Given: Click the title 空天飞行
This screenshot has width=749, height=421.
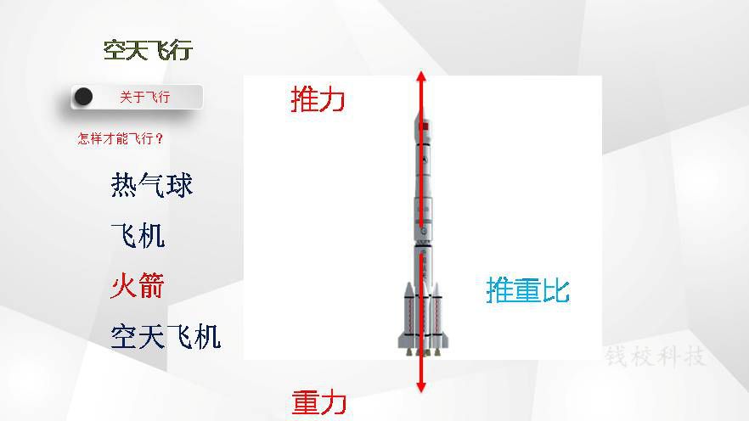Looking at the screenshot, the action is pyautogui.click(x=148, y=50).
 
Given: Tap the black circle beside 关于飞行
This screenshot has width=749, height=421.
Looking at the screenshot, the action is pyautogui.click(x=83, y=97).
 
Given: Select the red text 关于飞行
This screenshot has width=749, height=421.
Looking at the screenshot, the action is pyautogui.click(x=144, y=98).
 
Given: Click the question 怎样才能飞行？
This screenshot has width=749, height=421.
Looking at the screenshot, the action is pyautogui.click(x=121, y=139).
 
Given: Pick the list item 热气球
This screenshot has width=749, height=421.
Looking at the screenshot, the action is pyautogui.click(x=152, y=185).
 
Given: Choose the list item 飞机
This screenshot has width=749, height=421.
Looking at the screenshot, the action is pyautogui.click(x=138, y=235).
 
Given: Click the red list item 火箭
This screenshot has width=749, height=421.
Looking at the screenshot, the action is pyautogui.click(x=138, y=285).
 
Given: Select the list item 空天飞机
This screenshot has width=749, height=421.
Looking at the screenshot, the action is pyautogui.click(x=166, y=336).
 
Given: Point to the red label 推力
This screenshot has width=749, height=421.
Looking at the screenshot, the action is pyautogui.click(x=318, y=99).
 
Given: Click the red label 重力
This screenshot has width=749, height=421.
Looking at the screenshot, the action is pyautogui.click(x=318, y=402).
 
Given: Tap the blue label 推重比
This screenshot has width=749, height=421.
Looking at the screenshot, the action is pyautogui.click(x=528, y=289).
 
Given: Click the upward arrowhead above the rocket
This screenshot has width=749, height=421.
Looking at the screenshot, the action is pyautogui.click(x=421, y=76).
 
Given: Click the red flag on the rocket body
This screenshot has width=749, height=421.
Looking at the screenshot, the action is pyautogui.click(x=425, y=126).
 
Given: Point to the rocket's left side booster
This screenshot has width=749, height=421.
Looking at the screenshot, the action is pyautogui.click(x=408, y=315).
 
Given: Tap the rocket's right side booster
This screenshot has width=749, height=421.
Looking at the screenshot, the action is pyautogui.click(x=437, y=315).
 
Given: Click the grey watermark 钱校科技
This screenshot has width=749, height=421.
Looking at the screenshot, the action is pyautogui.click(x=656, y=356).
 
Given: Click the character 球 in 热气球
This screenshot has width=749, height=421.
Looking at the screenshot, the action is pyautogui.click(x=180, y=185).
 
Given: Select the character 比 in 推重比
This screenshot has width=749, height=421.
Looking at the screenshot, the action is pyautogui.click(x=556, y=289).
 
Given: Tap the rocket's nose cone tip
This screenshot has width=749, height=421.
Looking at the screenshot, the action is pyautogui.click(x=421, y=109).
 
